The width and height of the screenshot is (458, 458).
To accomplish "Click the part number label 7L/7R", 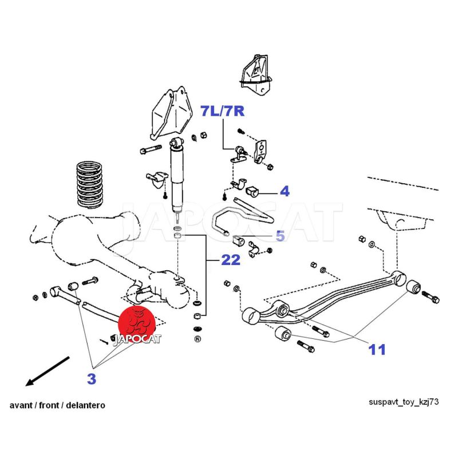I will click(222, 111).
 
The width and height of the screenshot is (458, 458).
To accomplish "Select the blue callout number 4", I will click(284, 191).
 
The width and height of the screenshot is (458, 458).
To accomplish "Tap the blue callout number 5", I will click(280, 235).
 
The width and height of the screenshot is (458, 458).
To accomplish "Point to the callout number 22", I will click(231, 261).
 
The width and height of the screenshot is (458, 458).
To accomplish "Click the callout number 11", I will click(377, 349).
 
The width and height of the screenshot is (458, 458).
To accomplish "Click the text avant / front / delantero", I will click(57, 405).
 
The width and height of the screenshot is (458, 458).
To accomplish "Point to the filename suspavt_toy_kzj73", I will click(404, 402).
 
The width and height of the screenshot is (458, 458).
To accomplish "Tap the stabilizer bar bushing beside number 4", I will click(253, 190).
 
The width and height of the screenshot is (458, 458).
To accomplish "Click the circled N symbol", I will click(197, 339).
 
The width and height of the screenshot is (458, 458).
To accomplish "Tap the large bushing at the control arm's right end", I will click(414, 284).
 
